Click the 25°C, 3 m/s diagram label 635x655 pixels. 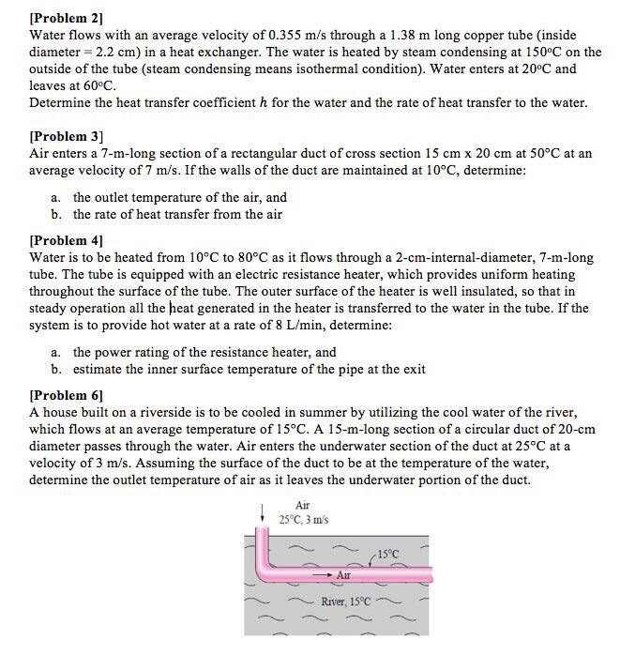click(x=303, y=520)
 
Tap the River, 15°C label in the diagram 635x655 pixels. click(x=345, y=601)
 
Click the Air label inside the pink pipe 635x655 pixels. click(x=343, y=573)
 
